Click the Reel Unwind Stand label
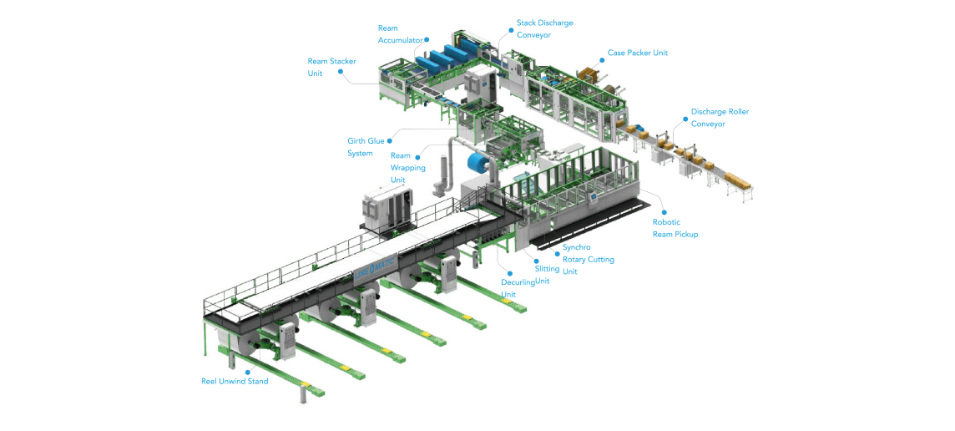point(235,382)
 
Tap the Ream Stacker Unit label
point(332,67)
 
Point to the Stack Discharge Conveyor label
point(544,28)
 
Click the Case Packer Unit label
point(638,53)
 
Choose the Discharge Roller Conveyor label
point(720,117)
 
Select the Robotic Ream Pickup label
point(675,228)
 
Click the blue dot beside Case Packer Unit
point(602,53)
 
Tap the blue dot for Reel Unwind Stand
point(247,371)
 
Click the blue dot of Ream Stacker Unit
point(341,72)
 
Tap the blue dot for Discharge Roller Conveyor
point(685,113)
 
